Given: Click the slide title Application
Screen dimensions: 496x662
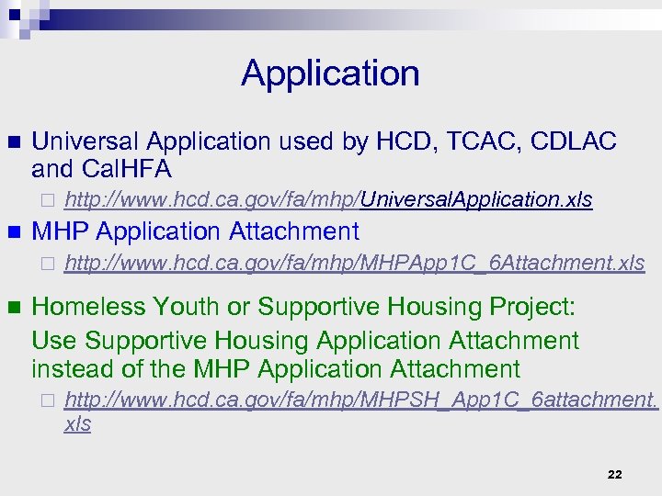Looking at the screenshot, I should click(330, 73).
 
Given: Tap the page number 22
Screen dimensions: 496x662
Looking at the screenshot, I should click(615, 474).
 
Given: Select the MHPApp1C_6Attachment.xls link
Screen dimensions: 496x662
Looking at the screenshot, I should click(354, 264).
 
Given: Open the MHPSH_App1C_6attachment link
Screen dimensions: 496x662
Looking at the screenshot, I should click(361, 400).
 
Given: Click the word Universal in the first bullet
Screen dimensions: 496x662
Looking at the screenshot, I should click(85, 141).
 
